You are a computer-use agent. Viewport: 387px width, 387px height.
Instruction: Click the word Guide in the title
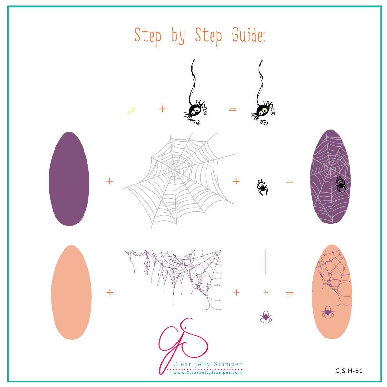[248, 35]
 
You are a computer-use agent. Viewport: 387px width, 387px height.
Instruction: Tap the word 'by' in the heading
[178, 36]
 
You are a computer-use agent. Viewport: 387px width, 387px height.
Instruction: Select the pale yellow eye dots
[131, 111]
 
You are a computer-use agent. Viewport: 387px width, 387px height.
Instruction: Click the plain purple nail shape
[69, 179]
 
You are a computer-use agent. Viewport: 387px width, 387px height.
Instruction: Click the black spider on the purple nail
[341, 184]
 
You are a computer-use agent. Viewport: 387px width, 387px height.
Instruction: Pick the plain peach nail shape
[71, 292]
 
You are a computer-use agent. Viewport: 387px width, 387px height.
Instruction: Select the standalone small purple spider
[266, 317]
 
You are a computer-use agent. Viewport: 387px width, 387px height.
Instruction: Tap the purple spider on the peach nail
[327, 312]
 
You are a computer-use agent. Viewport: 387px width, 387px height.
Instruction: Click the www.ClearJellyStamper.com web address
[207, 373]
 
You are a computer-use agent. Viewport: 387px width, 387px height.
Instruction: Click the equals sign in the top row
[233, 110]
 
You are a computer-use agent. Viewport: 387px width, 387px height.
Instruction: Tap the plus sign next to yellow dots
[162, 109]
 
